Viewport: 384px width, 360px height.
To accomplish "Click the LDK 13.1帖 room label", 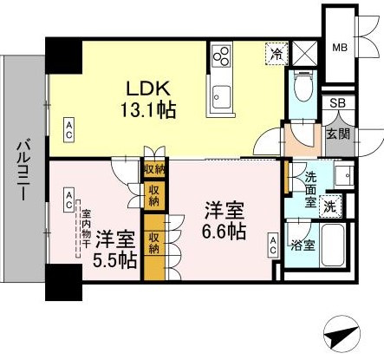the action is tap(148, 99).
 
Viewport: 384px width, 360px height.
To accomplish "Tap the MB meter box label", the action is tap(340, 47).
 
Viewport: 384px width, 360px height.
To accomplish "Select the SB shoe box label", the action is tap(338, 103).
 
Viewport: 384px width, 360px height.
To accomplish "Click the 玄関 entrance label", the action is tap(338, 134).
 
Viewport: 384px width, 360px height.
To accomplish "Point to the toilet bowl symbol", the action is tap(303, 86).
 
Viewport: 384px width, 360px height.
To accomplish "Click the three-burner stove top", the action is tap(221, 56).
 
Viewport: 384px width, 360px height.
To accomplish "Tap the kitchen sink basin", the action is tap(221, 97).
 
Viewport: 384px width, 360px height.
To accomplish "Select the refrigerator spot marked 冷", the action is tap(277, 54).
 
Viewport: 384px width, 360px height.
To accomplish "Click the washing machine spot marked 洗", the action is tap(330, 206).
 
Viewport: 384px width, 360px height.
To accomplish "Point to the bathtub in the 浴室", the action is tap(333, 245).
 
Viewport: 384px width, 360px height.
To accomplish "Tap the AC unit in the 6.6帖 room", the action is tap(273, 245).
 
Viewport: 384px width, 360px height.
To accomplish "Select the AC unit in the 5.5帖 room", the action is tap(68, 200).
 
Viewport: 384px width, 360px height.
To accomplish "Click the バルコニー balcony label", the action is tap(23, 171).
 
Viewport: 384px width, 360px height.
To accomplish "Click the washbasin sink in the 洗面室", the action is tap(344, 175).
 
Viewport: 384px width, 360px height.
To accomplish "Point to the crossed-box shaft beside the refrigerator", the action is tap(304, 54).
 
